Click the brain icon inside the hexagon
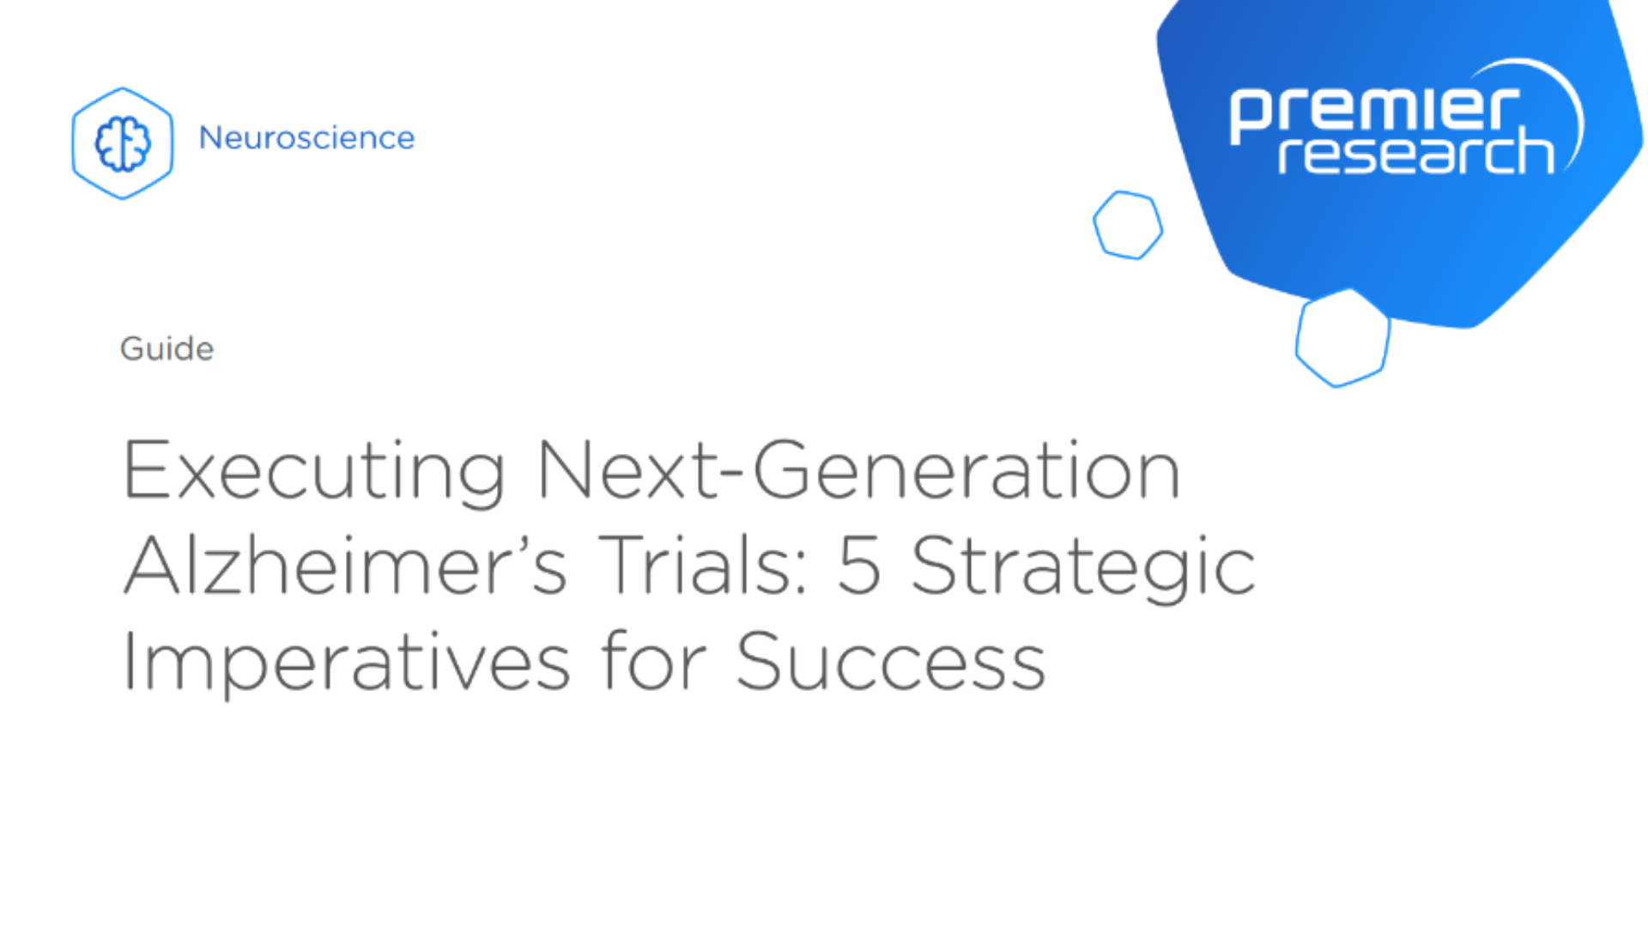(123, 143)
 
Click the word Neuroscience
(306, 137)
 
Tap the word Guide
(167, 349)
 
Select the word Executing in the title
(314, 471)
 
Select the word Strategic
(1083, 566)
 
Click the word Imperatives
(346, 662)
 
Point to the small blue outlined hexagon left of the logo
(1128, 225)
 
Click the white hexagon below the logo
(1342, 338)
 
